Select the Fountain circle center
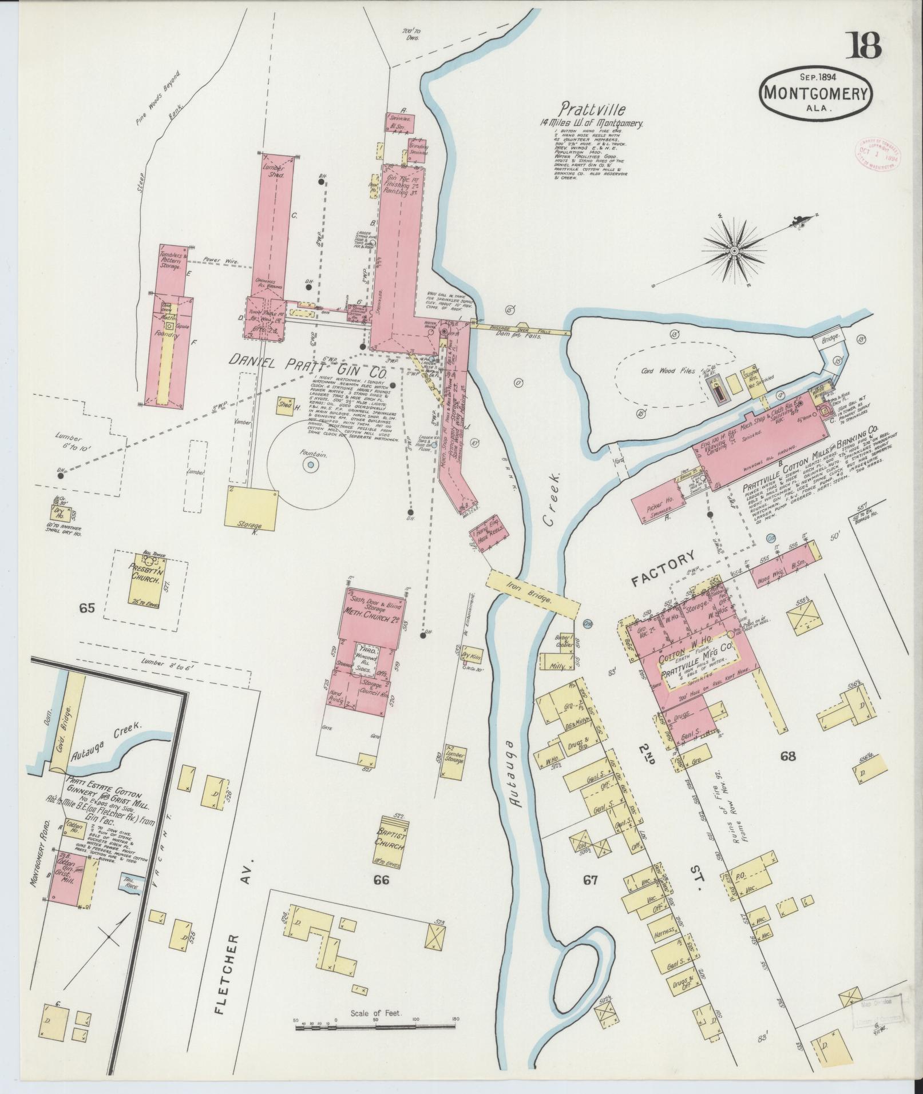tap(310, 465)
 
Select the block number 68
tap(788, 757)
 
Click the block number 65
tap(86, 608)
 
